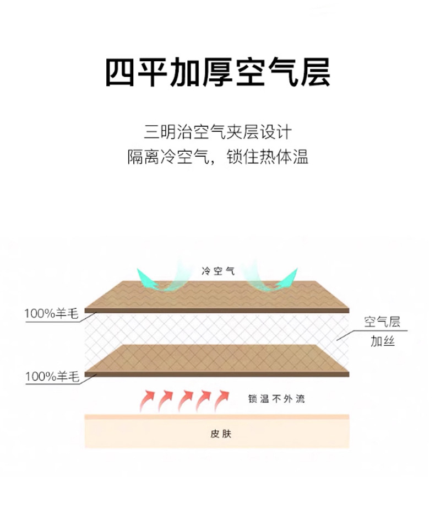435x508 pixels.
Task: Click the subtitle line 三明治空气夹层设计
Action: pos(218,133)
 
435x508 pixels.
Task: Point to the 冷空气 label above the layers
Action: pos(218,271)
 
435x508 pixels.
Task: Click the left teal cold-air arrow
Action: pos(154,280)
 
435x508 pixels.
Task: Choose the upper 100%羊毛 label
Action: pos(51,314)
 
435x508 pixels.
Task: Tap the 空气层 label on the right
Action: pos(382,322)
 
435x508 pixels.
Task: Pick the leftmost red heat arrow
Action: pos(147,401)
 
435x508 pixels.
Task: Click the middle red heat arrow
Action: pos(184,399)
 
